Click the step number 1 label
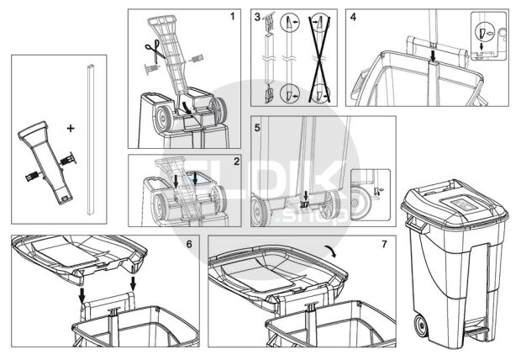point(233,16)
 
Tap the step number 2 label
point(236,161)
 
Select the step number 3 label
point(257,17)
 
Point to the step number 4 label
point(353,17)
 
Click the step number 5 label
point(257,128)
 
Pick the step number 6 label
point(189,244)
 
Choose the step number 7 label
point(384,244)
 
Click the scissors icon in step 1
point(155,50)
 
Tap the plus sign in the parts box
point(71,128)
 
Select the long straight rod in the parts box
point(91,139)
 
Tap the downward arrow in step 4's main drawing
point(433,56)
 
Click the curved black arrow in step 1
point(186,109)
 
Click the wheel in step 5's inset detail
point(360,203)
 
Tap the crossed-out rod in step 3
point(319,58)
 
